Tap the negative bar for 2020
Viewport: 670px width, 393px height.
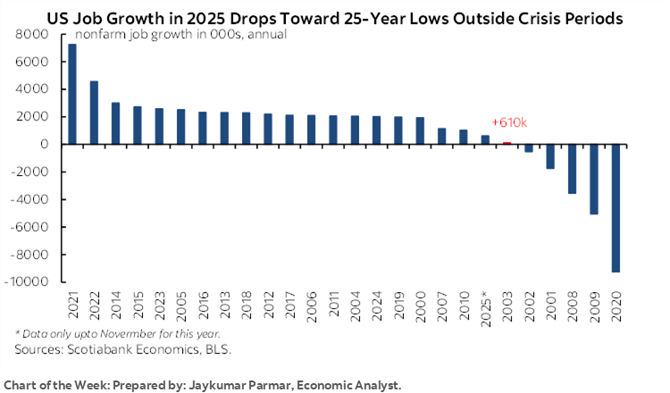point(616,208)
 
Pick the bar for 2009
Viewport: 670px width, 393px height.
point(594,180)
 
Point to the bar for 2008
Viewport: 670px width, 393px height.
point(572,169)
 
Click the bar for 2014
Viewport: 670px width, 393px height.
point(115,123)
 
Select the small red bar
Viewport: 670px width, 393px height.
point(507,143)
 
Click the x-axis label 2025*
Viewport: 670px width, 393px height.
point(485,307)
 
